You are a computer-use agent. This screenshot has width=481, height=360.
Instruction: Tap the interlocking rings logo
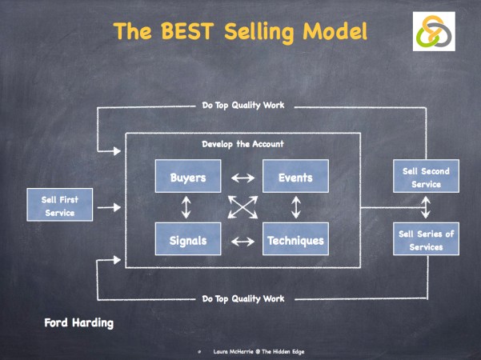coord(434,31)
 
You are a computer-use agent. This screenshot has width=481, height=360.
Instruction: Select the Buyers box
coord(187,177)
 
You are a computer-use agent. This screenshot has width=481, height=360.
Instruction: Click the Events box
coord(295,177)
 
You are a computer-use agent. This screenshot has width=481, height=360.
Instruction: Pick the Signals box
coord(187,239)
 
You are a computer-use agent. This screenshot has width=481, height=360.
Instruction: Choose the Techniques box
coord(295,239)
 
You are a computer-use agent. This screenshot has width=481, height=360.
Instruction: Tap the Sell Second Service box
coord(425,177)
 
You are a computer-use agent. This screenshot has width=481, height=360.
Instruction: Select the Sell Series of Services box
coord(425,239)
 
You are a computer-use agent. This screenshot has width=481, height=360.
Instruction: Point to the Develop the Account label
coord(242,144)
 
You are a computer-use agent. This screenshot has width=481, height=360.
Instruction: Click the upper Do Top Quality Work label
coord(243,106)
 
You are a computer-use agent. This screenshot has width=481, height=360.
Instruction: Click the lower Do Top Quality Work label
coord(243,298)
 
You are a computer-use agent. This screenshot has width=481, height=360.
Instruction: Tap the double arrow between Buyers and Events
coord(241,178)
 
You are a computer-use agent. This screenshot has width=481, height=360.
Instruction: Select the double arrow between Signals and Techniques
coord(241,239)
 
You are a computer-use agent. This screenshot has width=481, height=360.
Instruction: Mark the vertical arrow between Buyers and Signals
coord(186,208)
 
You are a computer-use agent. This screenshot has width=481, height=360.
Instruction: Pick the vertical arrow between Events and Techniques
coord(295,208)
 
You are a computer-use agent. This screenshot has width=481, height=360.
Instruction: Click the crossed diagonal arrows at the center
coord(241,208)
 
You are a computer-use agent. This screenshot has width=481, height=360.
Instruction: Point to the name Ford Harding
coord(79,323)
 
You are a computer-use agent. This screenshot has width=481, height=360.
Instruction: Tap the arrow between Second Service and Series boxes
coord(425,208)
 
